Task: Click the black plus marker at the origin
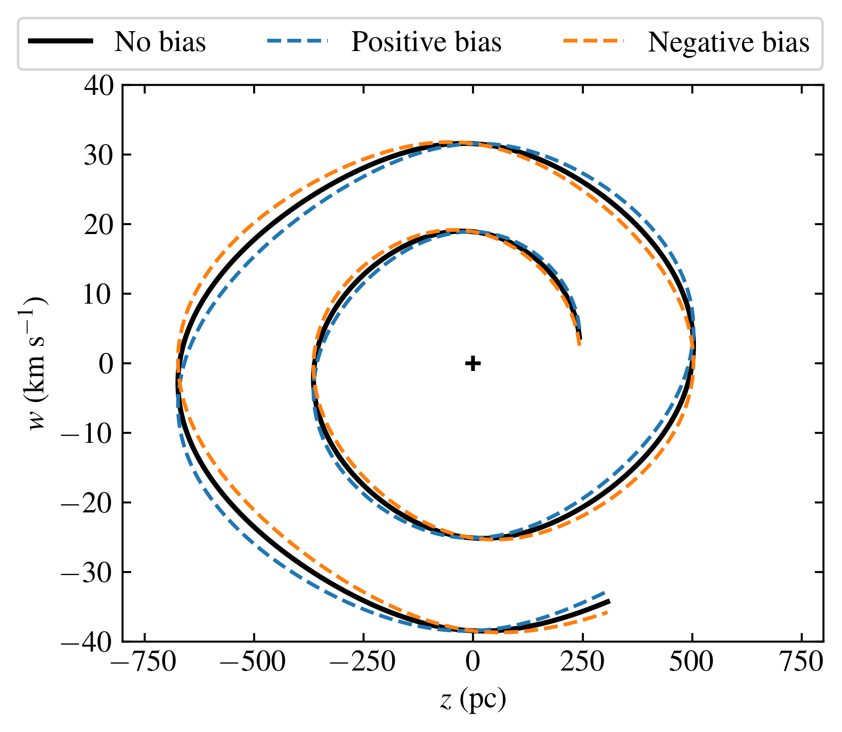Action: tap(473, 363)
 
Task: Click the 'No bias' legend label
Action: tap(160, 42)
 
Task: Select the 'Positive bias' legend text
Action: tap(426, 42)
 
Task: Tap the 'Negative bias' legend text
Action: tap(728, 42)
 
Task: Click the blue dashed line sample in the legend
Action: tap(297, 41)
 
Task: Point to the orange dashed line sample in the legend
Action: tap(594, 41)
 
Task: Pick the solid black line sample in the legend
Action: tap(61, 41)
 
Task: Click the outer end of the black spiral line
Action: tap(609, 601)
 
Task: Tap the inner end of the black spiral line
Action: tap(580, 339)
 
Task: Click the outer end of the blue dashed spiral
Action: tap(605, 592)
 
